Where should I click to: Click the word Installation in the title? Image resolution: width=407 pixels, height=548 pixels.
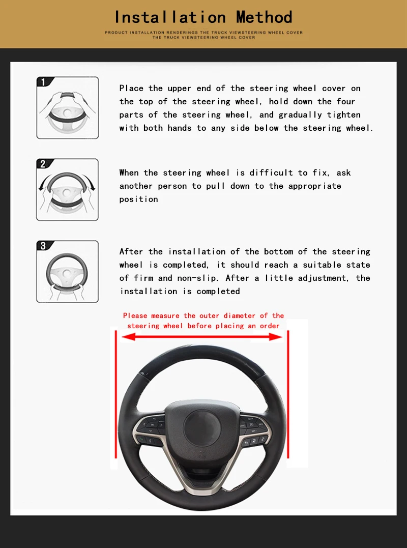(x=170, y=17)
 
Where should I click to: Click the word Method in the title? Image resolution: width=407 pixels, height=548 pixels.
(x=264, y=17)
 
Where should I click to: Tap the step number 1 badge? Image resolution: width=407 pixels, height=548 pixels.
(x=43, y=82)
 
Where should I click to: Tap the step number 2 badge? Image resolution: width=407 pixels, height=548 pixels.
(x=43, y=164)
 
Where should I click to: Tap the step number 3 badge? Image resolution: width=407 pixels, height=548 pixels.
(x=43, y=246)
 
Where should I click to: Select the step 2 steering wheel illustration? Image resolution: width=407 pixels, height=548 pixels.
(x=68, y=191)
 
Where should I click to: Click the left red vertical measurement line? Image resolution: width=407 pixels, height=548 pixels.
(x=117, y=397)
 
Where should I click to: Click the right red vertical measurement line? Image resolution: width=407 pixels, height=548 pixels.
(x=289, y=397)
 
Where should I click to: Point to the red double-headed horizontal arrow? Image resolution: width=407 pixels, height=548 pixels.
(x=202, y=336)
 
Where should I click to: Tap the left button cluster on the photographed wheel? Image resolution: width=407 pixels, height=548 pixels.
(x=151, y=430)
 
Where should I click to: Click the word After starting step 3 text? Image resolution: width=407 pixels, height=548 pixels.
(x=131, y=252)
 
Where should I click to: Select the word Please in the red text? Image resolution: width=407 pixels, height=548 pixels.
(x=135, y=316)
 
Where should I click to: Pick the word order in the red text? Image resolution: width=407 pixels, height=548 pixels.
(x=270, y=326)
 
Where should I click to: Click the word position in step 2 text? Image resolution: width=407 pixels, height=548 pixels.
(x=138, y=199)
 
